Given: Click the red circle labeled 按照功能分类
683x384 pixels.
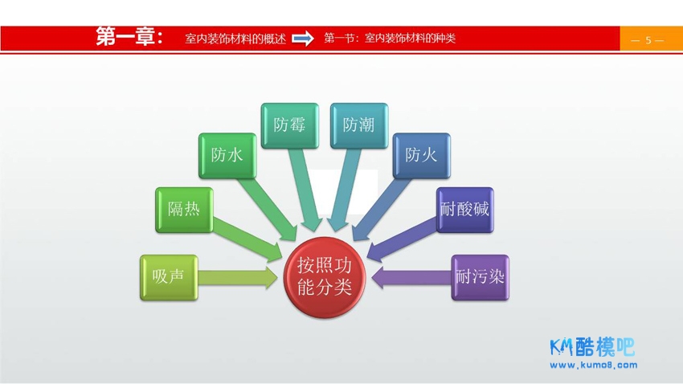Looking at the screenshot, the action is pos(324,277).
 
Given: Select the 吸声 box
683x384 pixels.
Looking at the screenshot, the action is pos(169,277).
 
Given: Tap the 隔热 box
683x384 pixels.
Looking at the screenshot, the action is pos(184,210).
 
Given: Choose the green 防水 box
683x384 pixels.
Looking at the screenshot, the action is pos(227,155).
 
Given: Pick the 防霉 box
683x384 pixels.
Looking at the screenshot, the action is pos(289,125).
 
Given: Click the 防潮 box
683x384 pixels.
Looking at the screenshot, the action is pos(359,125).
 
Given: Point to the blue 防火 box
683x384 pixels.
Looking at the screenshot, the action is pos(421,155).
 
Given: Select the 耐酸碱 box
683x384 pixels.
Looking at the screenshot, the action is pos(464,210).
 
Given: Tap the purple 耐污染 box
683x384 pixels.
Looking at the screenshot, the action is pos(480,277).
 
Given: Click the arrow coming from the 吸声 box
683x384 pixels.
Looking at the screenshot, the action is pos(237,278).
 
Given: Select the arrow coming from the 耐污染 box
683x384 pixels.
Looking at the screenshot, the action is pos(411,278).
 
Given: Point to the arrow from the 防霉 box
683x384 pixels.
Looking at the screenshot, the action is pos(304,190).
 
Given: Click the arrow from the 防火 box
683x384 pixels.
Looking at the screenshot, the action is pos(380,209).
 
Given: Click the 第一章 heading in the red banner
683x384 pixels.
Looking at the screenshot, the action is pos(130,37).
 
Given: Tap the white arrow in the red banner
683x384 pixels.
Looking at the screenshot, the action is pos(303,39).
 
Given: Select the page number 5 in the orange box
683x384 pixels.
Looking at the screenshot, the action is pos(648,40).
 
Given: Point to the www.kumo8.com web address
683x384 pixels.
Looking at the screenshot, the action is pos(594,366).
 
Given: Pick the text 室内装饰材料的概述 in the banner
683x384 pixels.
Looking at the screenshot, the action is pos(235,39).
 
